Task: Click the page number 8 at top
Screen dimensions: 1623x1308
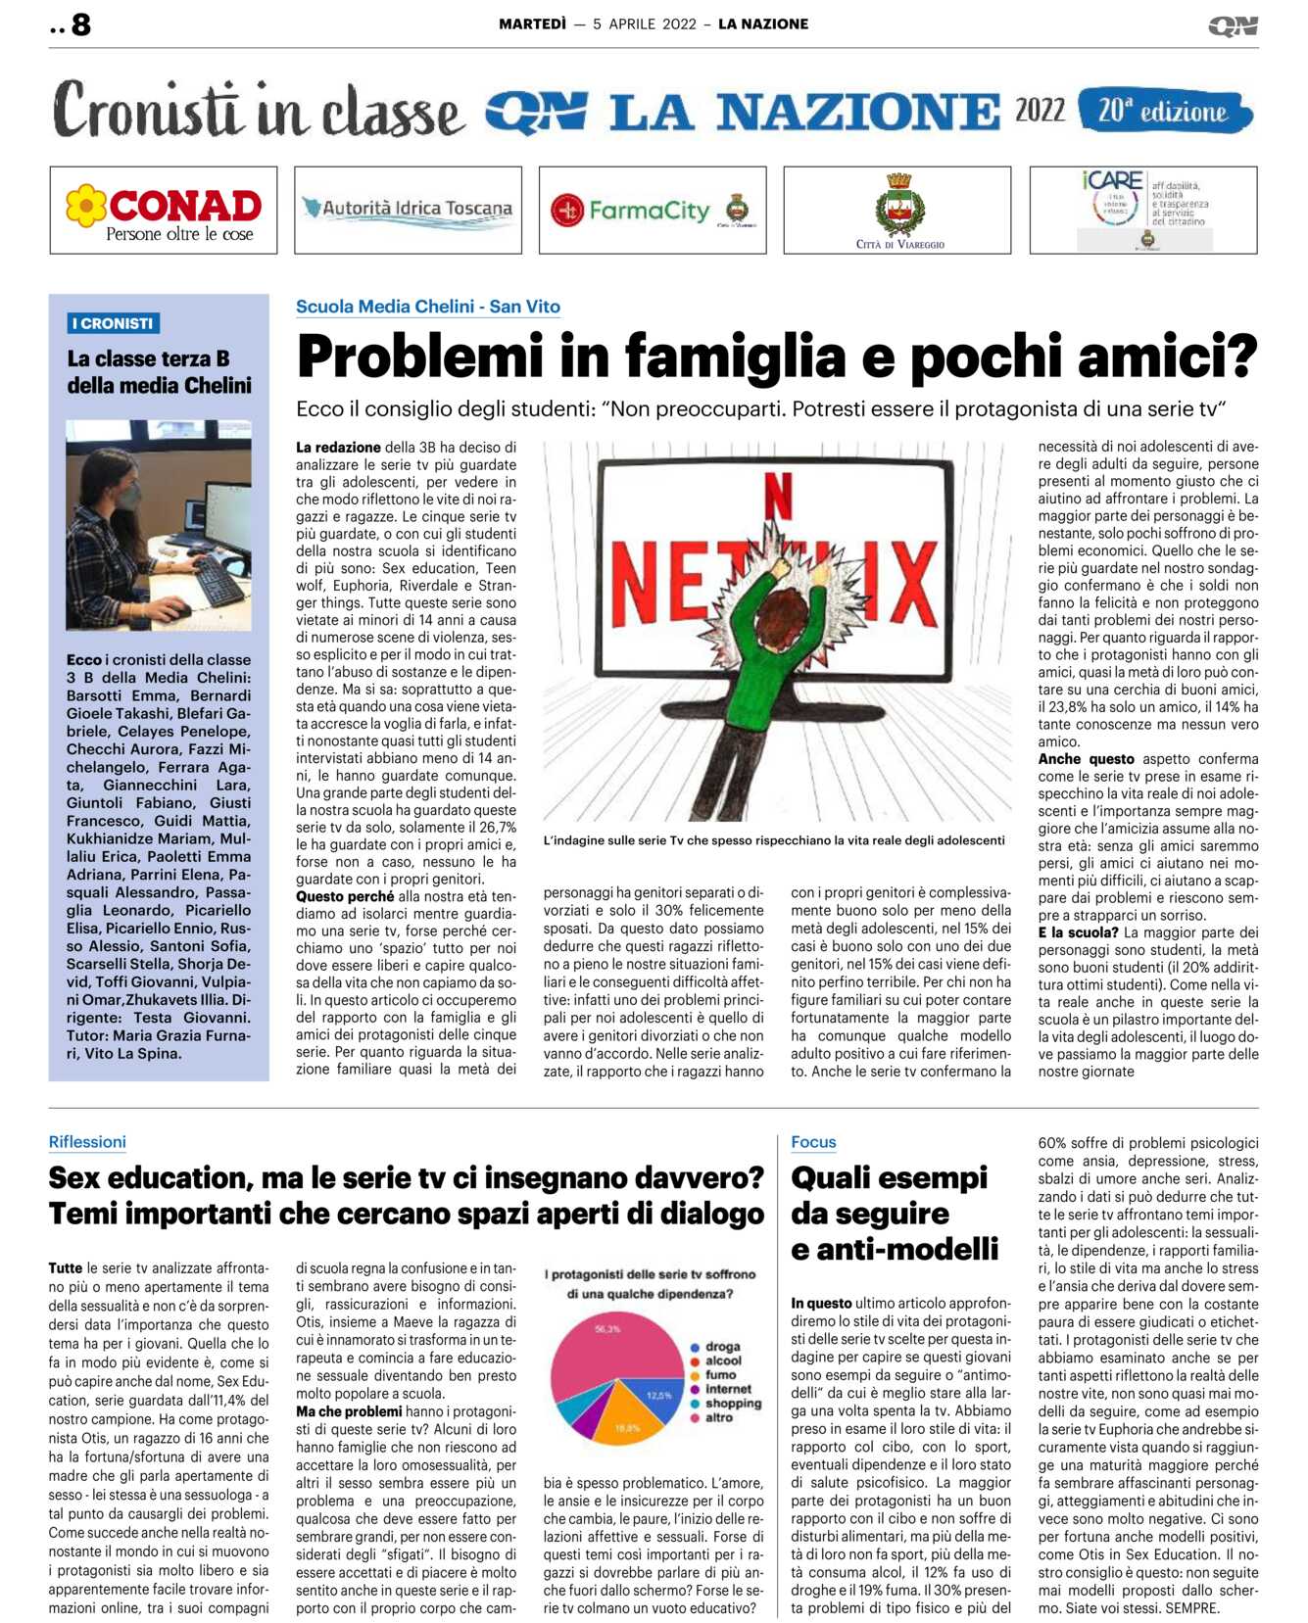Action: [x=80, y=24]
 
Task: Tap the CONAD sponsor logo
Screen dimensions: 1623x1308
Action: [x=164, y=211]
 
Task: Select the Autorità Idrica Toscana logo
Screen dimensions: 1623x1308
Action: [x=408, y=209]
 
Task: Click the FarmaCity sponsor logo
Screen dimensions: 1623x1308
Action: [x=652, y=211]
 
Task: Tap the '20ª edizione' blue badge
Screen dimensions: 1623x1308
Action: [x=1164, y=112]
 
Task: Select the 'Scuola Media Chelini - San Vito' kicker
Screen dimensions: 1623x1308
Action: [x=428, y=307]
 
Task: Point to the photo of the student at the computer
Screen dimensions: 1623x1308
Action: [x=159, y=525]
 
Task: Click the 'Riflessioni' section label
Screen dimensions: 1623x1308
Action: [x=87, y=1142]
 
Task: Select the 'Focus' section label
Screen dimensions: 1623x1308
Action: [x=813, y=1142]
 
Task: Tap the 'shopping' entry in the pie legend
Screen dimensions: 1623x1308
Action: [x=733, y=1403]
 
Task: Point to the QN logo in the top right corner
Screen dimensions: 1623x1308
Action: [x=1233, y=26]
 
